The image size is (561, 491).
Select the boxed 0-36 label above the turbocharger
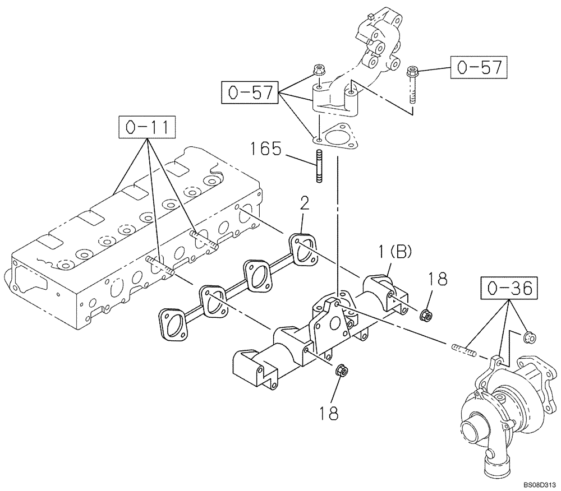508,289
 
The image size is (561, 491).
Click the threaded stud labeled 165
319,166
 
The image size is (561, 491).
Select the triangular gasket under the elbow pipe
335,137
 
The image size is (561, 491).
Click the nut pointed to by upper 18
426,315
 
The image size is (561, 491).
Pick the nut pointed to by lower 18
340,371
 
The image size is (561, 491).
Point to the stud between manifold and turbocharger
464,351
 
